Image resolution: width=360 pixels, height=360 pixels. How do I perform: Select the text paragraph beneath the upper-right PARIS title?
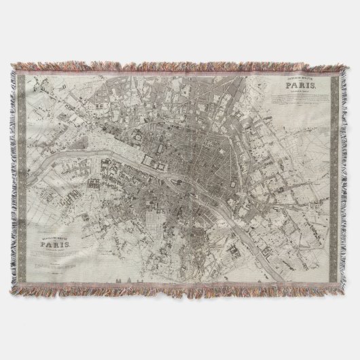tap(302, 105)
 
